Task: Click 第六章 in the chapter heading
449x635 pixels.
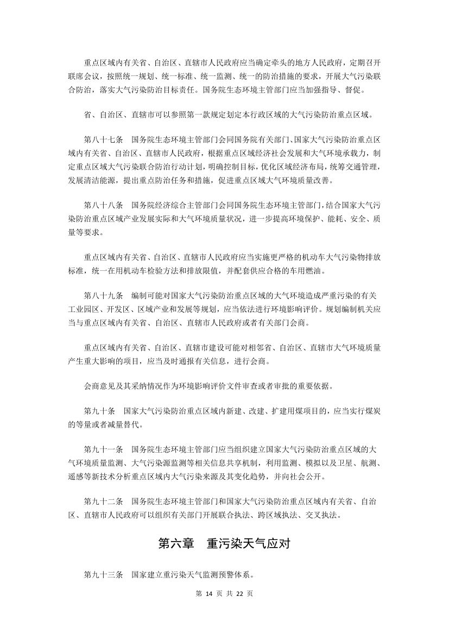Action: [175, 544]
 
